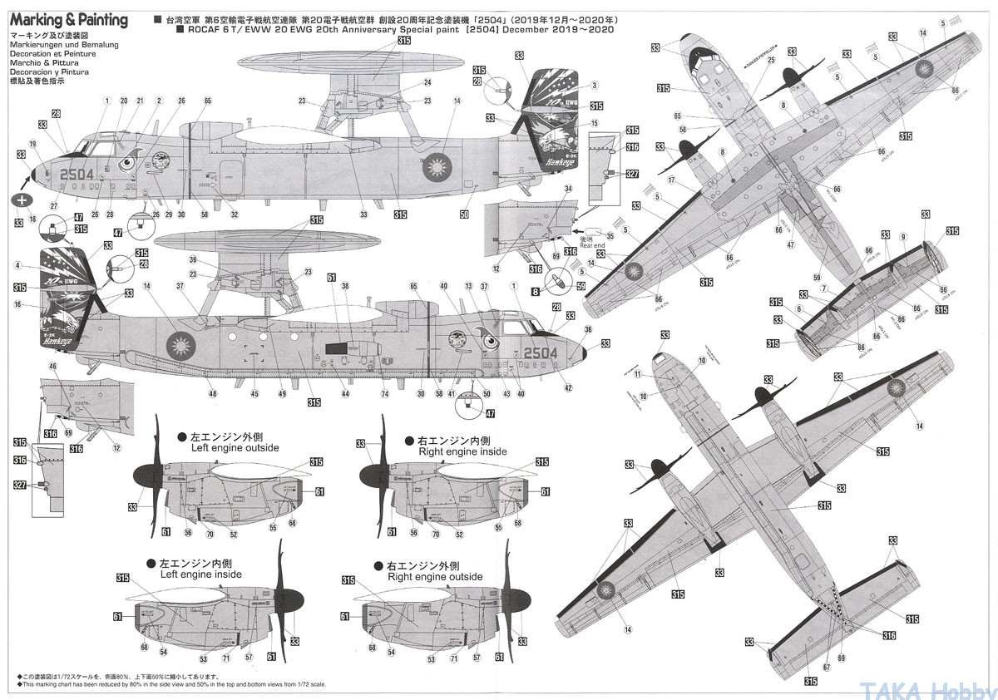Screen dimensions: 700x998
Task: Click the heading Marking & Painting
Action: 69,20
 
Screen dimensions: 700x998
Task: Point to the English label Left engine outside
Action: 235,447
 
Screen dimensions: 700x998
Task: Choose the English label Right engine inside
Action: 462,451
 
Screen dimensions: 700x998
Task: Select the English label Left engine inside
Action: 200,574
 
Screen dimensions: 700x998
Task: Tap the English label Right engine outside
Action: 435,576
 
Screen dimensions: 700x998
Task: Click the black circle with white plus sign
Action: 22,200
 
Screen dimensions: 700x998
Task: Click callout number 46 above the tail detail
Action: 53,366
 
